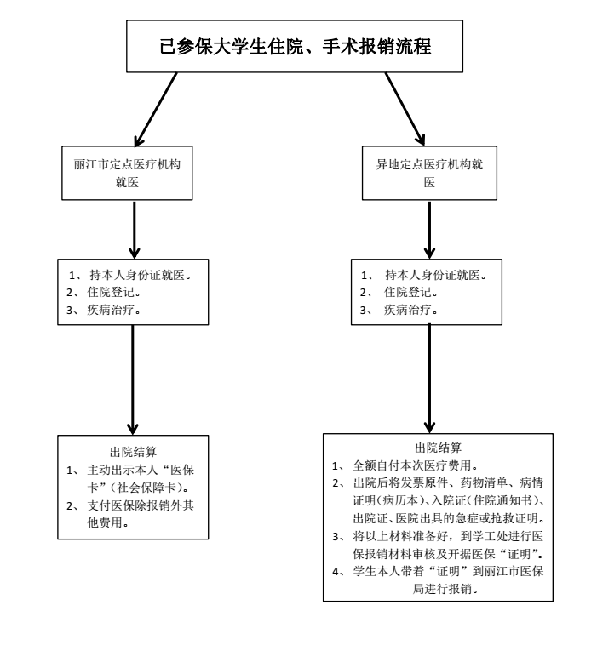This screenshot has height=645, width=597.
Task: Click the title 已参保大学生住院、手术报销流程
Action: (296, 46)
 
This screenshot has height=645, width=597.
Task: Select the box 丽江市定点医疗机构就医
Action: (127, 173)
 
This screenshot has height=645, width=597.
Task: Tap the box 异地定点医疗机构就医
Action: (429, 173)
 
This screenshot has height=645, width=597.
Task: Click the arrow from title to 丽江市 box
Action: (156, 110)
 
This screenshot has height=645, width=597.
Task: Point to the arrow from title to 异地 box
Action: (405, 109)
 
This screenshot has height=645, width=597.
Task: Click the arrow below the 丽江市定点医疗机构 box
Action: (135, 230)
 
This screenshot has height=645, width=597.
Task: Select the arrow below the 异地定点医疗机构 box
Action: (429, 230)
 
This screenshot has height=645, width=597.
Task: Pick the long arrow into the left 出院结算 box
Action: (133, 380)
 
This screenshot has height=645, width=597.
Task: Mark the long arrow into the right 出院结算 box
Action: (429, 379)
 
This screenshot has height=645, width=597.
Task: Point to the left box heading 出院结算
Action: (133, 452)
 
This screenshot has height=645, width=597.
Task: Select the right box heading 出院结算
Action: (438, 448)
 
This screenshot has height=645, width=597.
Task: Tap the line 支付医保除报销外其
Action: (141, 505)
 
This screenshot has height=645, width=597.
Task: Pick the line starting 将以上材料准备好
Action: (448, 536)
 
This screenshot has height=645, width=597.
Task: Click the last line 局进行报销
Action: (445, 589)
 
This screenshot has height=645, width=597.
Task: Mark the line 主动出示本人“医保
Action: (141, 470)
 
